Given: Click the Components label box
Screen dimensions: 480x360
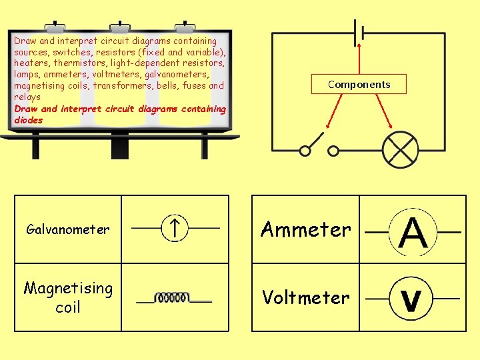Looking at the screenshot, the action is click(x=359, y=84).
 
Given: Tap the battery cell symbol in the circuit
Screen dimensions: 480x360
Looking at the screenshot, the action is click(x=360, y=32).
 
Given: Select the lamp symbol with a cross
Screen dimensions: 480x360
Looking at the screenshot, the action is click(x=399, y=150).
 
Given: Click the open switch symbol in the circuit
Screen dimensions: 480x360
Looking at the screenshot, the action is click(x=319, y=147).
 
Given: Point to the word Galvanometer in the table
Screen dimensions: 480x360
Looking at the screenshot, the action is click(x=67, y=229).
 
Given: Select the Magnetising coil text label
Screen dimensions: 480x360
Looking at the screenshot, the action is click(x=68, y=297).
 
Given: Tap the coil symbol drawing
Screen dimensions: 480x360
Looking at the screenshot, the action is click(x=173, y=298).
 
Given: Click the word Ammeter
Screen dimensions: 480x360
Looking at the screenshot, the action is click(x=305, y=229).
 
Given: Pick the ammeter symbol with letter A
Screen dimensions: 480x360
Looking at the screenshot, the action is click(x=413, y=232).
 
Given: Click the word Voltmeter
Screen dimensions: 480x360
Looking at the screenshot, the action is click(x=305, y=297).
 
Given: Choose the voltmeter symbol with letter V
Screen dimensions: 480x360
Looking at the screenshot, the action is click(x=412, y=299).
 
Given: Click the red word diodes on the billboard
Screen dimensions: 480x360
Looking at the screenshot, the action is click(x=28, y=121).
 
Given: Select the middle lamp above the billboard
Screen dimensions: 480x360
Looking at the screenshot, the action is click(x=120, y=28).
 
